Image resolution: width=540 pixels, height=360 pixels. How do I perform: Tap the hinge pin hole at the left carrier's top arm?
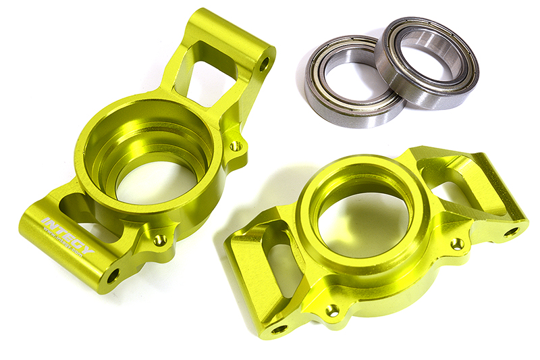(265, 64)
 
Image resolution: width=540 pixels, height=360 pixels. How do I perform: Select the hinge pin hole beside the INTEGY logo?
(113, 275)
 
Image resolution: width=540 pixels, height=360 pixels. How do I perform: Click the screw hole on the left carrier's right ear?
(235, 145)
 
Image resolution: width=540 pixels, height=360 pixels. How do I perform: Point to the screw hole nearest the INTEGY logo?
(159, 240)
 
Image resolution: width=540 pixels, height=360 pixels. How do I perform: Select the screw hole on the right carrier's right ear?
(458, 243)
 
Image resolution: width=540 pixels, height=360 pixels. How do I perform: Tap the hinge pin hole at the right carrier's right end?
(511, 232)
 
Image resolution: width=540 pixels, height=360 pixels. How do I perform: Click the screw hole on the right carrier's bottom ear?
(332, 310)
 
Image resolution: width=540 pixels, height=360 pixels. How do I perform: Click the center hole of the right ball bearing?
(427, 62)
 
